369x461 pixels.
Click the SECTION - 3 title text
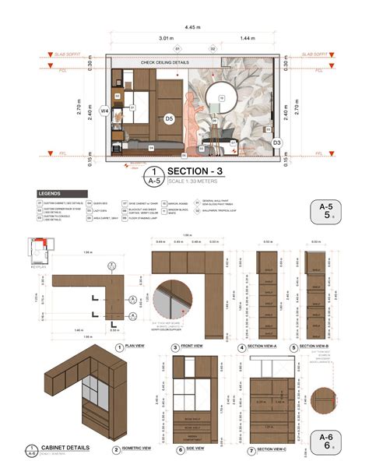pos(195,171)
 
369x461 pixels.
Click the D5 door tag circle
pos(168,118)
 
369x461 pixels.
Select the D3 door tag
pos(276,143)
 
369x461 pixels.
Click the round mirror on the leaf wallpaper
pos(220,97)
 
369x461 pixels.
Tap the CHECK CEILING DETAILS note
pos(166,62)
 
